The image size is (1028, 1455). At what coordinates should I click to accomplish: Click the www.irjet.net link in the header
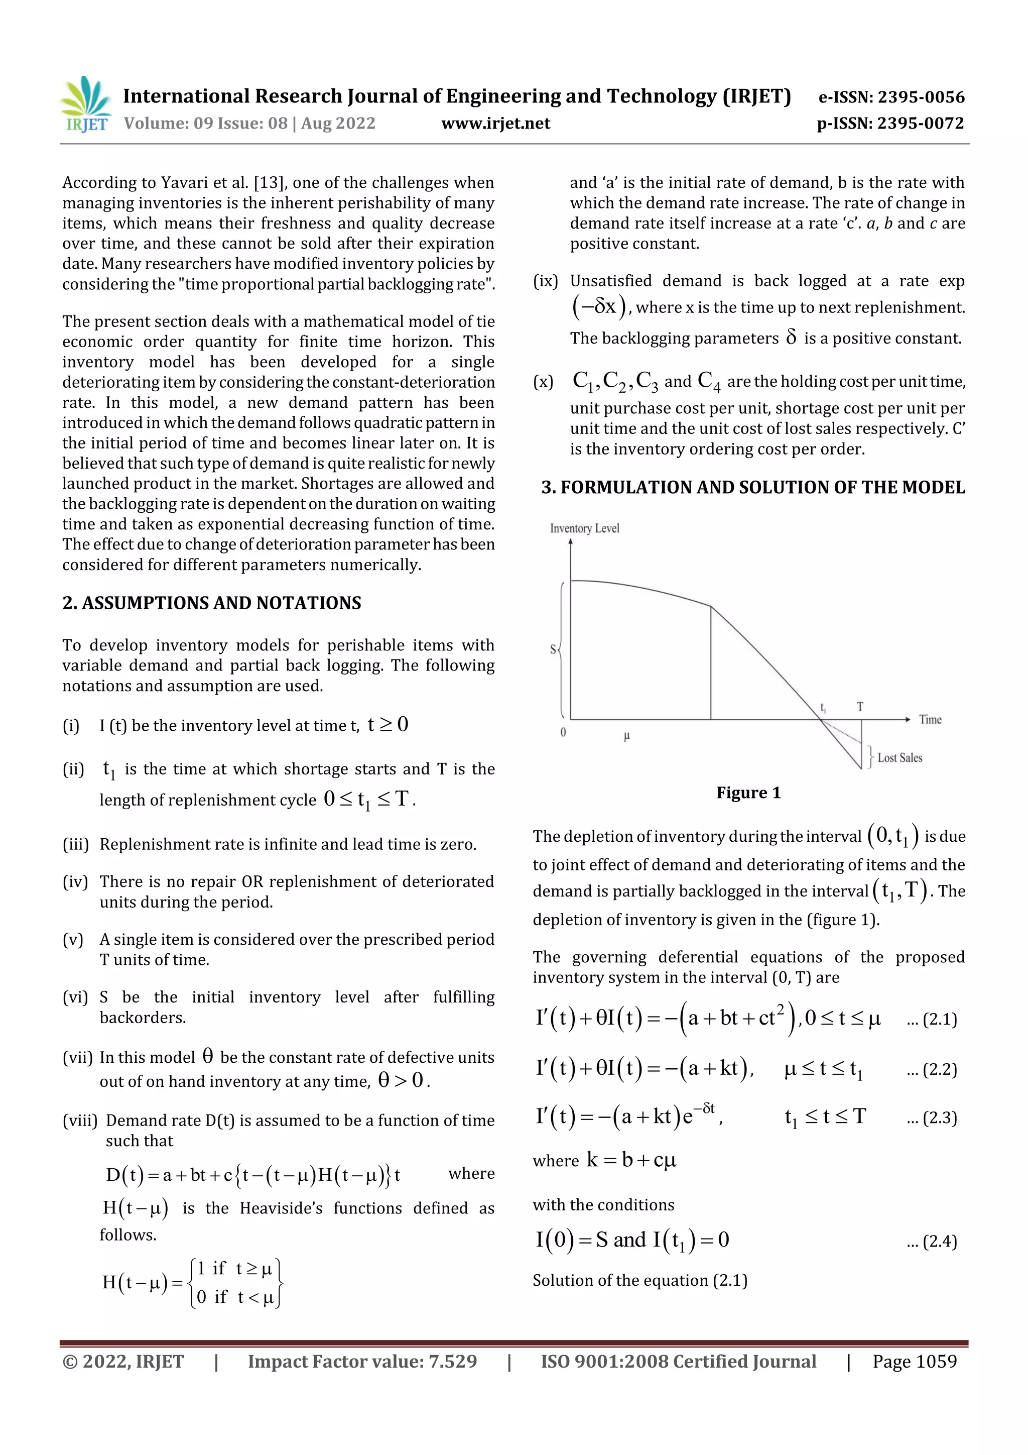(x=495, y=124)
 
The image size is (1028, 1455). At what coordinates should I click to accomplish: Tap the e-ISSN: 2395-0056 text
(x=891, y=97)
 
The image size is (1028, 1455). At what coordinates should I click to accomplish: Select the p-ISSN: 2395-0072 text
(x=890, y=124)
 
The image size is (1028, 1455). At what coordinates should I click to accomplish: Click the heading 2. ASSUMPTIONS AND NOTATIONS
(x=211, y=603)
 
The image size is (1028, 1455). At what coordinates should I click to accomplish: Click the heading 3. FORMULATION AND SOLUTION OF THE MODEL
(x=752, y=487)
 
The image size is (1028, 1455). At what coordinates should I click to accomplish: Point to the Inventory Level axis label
(x=584, y=528)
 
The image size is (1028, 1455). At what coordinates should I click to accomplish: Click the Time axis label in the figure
(x=930, y=719)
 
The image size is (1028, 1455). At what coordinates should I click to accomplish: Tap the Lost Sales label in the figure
(x=899, y=758)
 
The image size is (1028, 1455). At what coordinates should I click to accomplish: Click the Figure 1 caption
(x=748, y=793)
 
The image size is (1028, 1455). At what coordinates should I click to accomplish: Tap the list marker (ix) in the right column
(x=545, y=281)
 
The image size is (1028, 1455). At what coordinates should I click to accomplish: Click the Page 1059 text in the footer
(x=914, y=1361)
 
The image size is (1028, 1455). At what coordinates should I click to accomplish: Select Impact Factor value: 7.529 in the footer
(x=362, y=1361)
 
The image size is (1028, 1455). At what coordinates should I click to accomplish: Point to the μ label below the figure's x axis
(x=626, y=736)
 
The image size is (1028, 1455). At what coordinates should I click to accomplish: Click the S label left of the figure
(x=553, y=649)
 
